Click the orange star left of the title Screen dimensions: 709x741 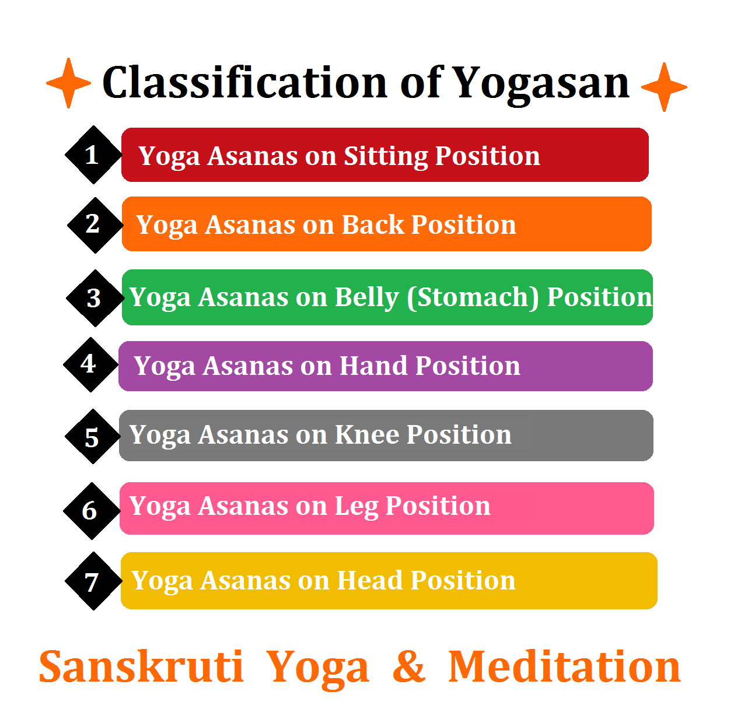[x=69, y=83]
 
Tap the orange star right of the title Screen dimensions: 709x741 [x=664, y=87]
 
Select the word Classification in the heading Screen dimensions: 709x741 [x=244, y=82]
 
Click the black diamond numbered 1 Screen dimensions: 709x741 [x=93, y=155]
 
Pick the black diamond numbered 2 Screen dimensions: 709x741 [x=95, y=225]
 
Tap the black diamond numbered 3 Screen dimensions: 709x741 [x=95, y=298]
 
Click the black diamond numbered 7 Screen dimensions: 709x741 [x=93, y=581]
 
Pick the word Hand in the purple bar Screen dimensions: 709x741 [x=373, y=366]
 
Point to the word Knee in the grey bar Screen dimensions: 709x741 [x=366, y=435]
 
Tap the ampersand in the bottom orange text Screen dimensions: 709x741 [x=408, y=666]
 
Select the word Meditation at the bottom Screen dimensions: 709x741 [x=564, y=666]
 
